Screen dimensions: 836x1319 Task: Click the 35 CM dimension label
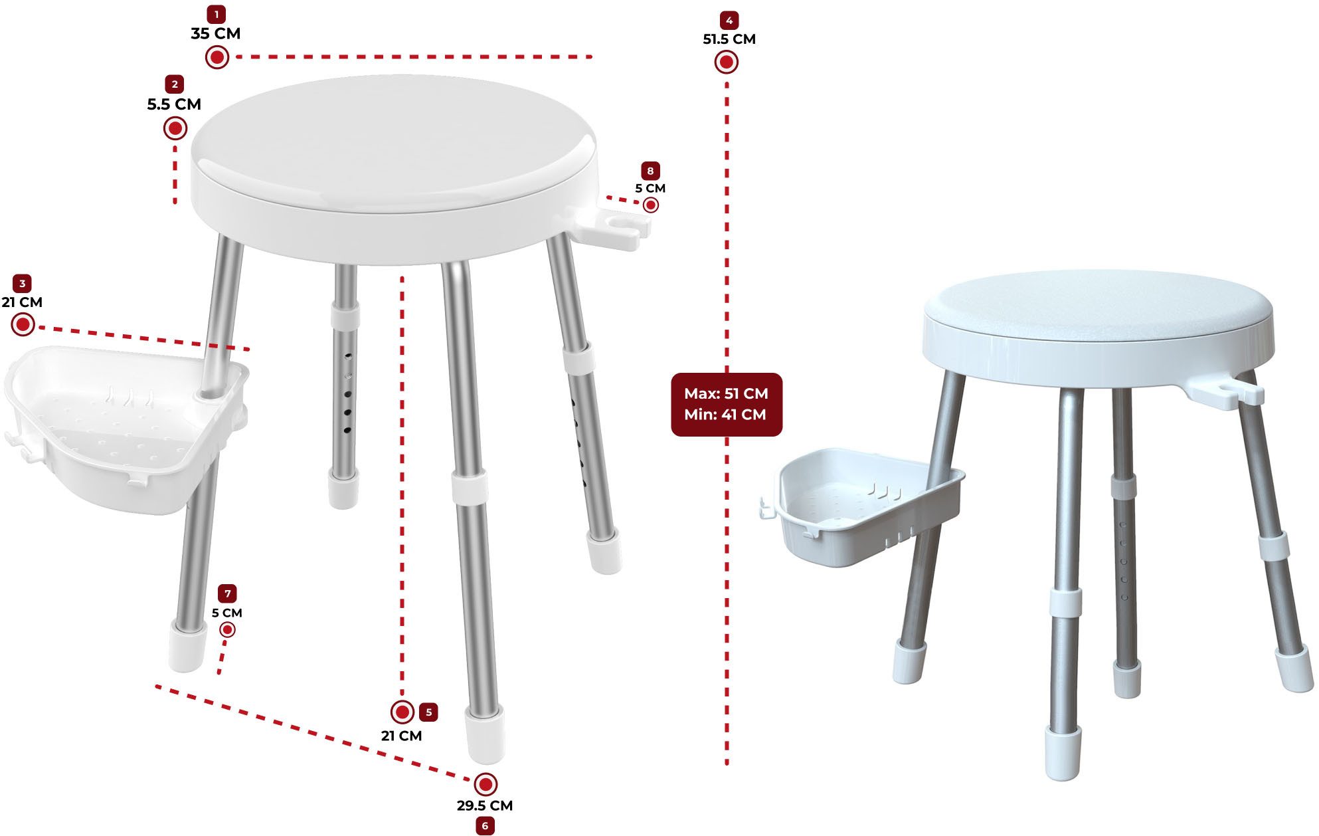pyautogui.click(x=216, y=33)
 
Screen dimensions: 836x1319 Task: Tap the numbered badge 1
pyautogui.click(x=216, y=14)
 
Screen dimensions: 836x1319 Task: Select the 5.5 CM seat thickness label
pyautogui.click(x=174, y=104)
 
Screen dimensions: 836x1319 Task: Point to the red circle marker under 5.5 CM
pyautogui.click(x=175, y=128)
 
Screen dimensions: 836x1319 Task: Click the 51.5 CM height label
pyautogui.click(x=729, y=39)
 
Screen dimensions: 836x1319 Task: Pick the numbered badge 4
pyautogui.click(x=729, y=20)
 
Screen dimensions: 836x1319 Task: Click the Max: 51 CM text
pyautogui.click(x=726, y=393)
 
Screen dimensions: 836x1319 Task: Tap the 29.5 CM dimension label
pyautogui.click(x=485, y=805)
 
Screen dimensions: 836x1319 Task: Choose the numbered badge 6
pyautogui.click(x=485, y=826)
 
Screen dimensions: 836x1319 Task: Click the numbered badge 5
pyautogui.click(x=428, y=712)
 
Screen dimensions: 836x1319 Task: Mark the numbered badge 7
pyautogui.click(x=227, y=593)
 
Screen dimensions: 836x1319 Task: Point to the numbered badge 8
pyautogui.click(x=650, y=171)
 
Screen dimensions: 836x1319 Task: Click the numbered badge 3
pyautogui.click(x=23, y=284)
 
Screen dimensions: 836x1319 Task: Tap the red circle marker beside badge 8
pyautogui.click(x=651, y=205)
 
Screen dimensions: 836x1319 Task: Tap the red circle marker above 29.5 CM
pyautogui.click(x=485, y=784)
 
